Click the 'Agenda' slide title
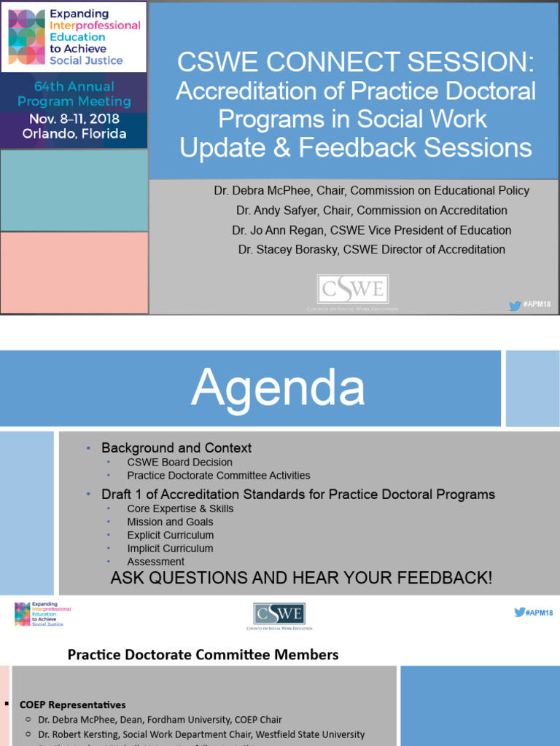tap(278, 388)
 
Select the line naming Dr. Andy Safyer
tap(371, 211)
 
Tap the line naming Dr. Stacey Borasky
tap(371, 250)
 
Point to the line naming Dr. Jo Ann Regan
tap(371, 230)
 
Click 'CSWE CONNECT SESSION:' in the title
tap(356, 63)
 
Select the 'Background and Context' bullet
tap(176, 448)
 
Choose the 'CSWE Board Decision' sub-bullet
tap(179, 462)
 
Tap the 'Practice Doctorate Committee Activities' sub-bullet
tap(218, 475)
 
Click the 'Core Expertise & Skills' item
tap(180, 509)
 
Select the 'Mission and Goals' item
tap(170, 522)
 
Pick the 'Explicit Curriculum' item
tap(170, 535)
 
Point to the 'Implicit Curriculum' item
tap(170, 549)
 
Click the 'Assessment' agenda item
tap(155, 562)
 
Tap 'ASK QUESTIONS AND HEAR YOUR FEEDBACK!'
tap(301, 578)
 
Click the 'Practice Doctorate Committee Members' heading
tap(203, 655)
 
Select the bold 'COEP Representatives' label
tap(72, 704)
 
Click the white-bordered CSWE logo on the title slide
tap(353, 290)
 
